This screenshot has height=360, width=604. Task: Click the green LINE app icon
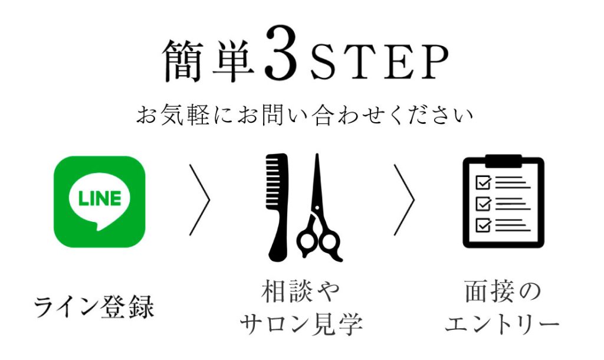click(x=99, y=202)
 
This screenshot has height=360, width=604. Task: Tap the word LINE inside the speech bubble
click(x=99, y=198)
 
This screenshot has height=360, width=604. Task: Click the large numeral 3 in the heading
click(x=281, y=53)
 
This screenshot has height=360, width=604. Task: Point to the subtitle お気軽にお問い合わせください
click(x=304, y=115)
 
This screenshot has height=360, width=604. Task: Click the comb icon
click(x=277, y=208)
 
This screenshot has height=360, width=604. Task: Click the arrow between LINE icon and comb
click(x=200, y=199)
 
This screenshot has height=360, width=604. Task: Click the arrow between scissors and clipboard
click(x=405, y=199)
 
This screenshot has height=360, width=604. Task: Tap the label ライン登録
click(x=94, y=307)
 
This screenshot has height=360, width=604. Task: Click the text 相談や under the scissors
click(x=300, y=292)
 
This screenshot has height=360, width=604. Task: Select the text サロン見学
click(x=301, y=324)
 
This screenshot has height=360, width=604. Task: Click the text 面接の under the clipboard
click(x=503, y=292)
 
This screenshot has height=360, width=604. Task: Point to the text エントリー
click(x=502, y=324)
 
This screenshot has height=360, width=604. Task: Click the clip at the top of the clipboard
click(x=503, y=161)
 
